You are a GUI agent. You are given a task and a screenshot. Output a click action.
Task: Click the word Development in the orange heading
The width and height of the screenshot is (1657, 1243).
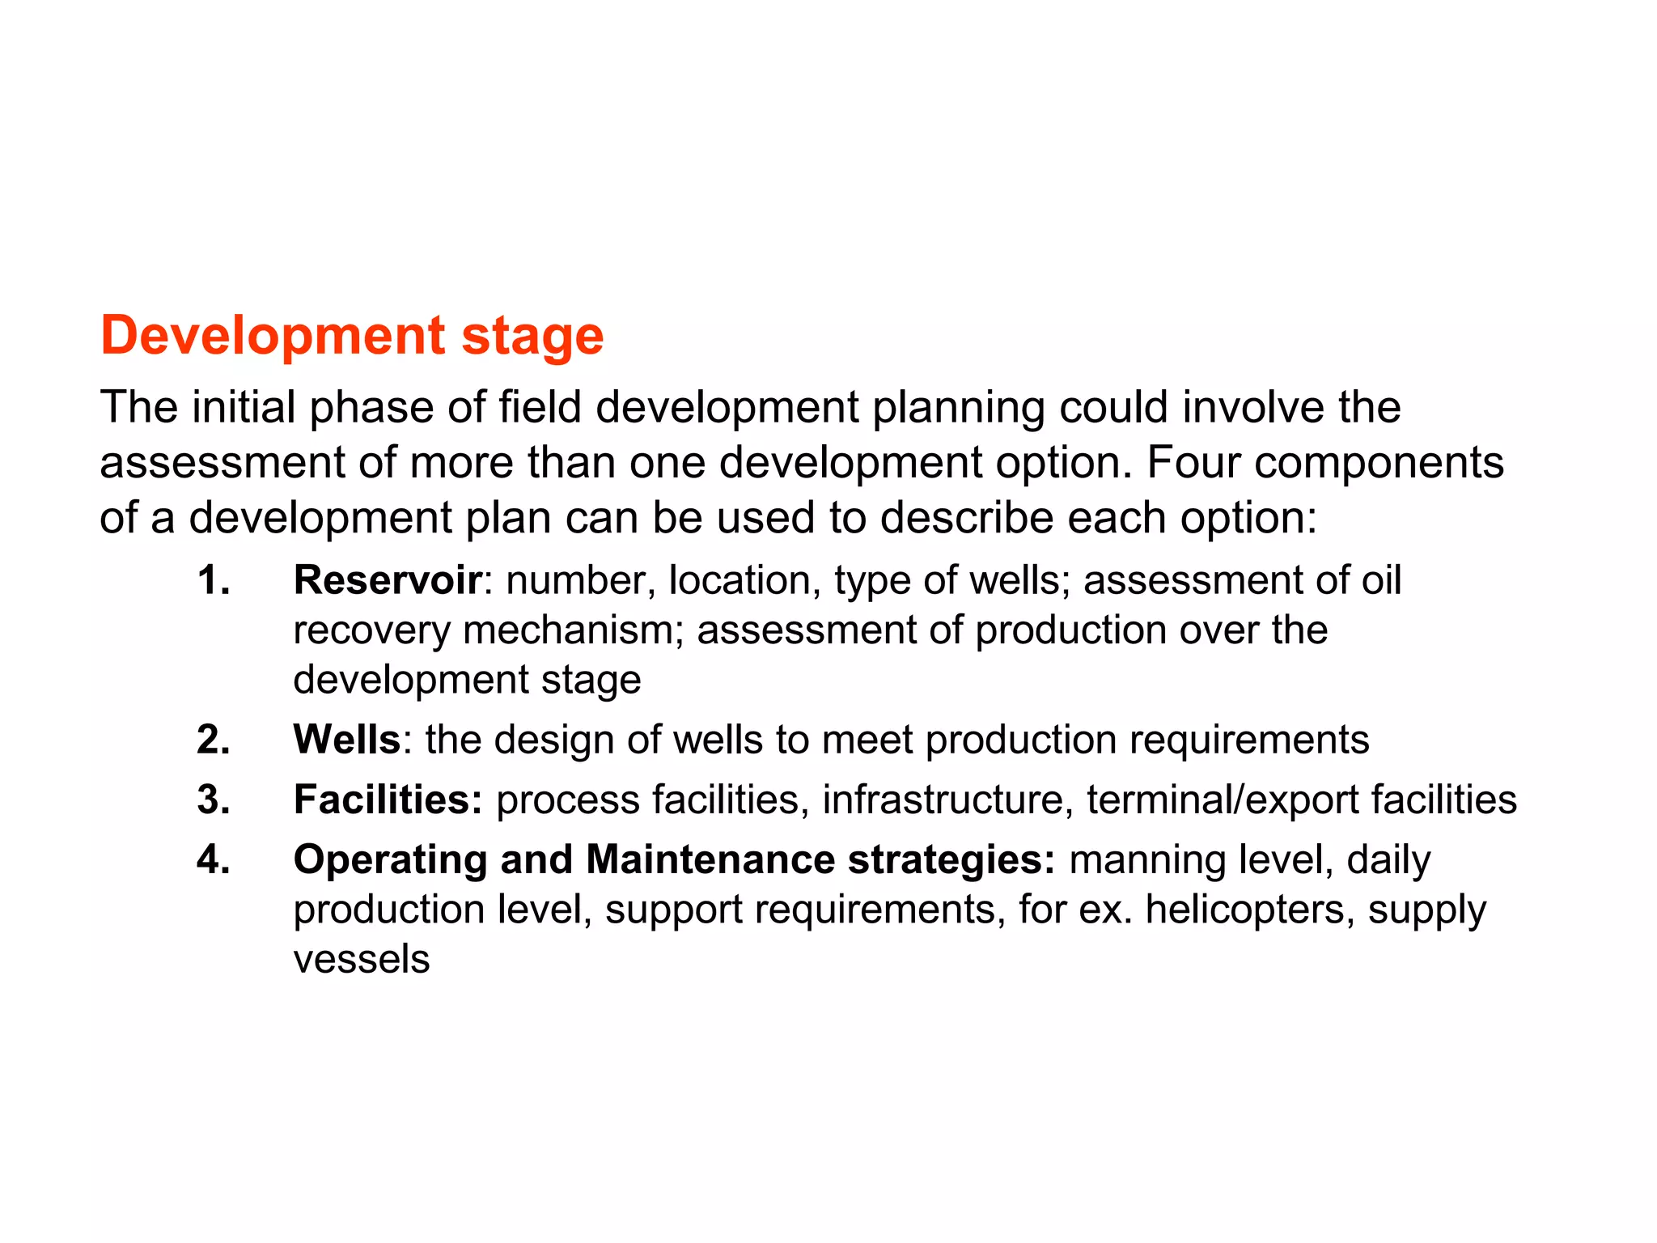coord(273,336)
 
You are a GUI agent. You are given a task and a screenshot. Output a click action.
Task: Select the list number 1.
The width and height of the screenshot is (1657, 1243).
coord(213,580)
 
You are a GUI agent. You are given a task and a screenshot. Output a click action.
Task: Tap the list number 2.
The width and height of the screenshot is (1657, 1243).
coord(213,740)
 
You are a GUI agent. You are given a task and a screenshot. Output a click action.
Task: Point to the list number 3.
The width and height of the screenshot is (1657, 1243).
coord(213,800)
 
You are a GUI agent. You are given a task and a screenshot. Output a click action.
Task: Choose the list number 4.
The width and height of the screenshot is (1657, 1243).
coord(213,859)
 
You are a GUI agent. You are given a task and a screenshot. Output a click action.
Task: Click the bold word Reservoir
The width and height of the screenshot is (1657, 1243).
coord(388,580)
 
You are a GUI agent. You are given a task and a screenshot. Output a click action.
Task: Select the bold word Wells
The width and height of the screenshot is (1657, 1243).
coord(346,740)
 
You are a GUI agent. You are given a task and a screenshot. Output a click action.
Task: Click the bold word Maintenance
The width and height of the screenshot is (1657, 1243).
coord(710,859)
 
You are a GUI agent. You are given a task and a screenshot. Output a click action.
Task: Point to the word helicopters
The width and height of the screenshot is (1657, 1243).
coord(1249,910)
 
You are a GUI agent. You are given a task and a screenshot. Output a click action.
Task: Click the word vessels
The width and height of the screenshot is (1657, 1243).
coord(361,960)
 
